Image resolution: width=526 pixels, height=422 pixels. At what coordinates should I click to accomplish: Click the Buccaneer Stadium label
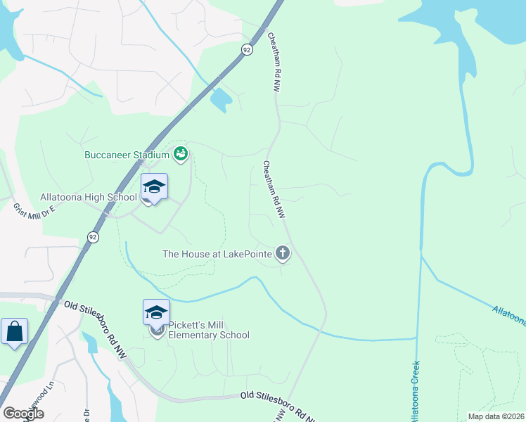click(127, 155)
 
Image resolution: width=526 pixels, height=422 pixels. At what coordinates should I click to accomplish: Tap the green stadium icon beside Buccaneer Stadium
click(181, 153)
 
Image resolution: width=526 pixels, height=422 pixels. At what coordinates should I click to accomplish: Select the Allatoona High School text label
click(89, 197)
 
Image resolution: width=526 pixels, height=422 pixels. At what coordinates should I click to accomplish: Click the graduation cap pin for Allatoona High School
click(154, 187)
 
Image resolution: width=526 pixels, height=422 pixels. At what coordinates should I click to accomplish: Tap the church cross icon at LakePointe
click(282, 253)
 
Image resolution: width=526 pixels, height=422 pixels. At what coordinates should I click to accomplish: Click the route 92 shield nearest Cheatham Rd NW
click(246, 49)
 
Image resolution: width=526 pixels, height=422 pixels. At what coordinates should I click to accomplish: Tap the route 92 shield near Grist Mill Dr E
click(93, 237)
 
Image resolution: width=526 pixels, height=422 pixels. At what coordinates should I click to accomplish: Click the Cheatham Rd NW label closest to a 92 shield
click(273, 61)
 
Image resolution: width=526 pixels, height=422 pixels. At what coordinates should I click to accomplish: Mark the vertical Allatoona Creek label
click(415, 390)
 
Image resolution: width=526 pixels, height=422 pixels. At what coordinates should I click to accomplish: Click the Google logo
click(23, 414)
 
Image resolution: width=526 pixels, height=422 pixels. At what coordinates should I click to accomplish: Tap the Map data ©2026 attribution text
click(495, 416)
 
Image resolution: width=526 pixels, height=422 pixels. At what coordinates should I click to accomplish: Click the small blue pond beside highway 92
click(220, 101)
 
